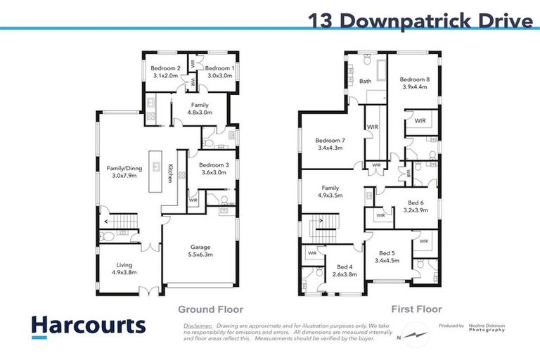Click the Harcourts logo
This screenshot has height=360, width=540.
coord(88,326)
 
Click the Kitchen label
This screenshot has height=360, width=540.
coord(170,173)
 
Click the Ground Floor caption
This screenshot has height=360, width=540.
coord(210,309)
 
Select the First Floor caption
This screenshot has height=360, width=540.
coord(416,309)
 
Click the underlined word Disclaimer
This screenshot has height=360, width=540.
coord(198,326)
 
